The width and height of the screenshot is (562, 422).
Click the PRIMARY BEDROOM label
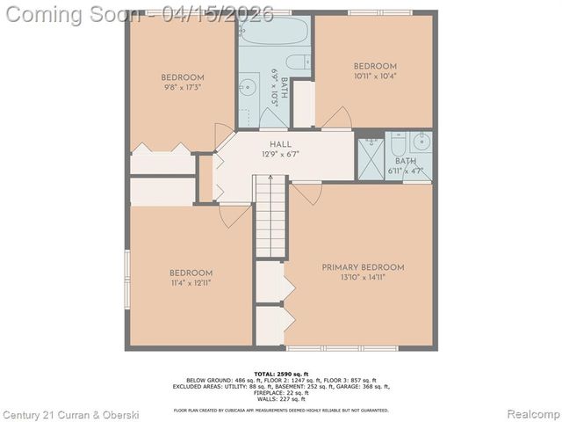click(x=363, y=267)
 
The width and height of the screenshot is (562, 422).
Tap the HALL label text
click(x=280, y=144)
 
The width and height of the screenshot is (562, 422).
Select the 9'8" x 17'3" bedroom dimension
click(x=183, y=87)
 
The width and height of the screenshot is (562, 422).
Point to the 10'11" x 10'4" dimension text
click(x=375, y=76)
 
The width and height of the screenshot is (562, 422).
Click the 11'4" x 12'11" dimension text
click(x=191, y=283)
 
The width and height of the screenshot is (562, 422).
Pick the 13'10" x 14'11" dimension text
click(x=363, y=278)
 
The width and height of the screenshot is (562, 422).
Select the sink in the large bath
click(x=248, y=87)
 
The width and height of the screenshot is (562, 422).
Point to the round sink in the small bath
click(x=421, y=141)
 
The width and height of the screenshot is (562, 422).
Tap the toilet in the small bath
click(x=398, y=142)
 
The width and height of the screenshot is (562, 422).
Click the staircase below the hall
click(x=270, y=215)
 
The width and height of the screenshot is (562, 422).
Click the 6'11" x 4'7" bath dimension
click(x=406, y=171)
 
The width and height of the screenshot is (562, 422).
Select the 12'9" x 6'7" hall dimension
click(x=280, y=154)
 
